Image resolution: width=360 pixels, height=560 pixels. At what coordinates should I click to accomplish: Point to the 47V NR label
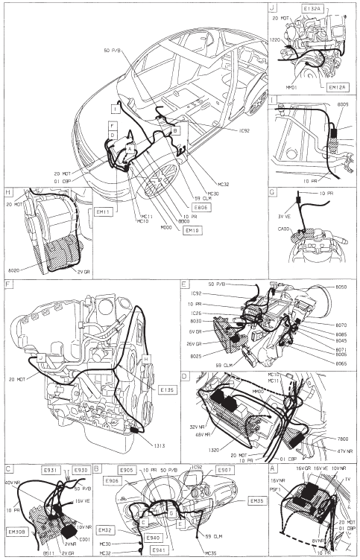[x=344, y=452]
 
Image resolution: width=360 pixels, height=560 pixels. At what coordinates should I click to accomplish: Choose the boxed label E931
[x=50, y=471]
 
